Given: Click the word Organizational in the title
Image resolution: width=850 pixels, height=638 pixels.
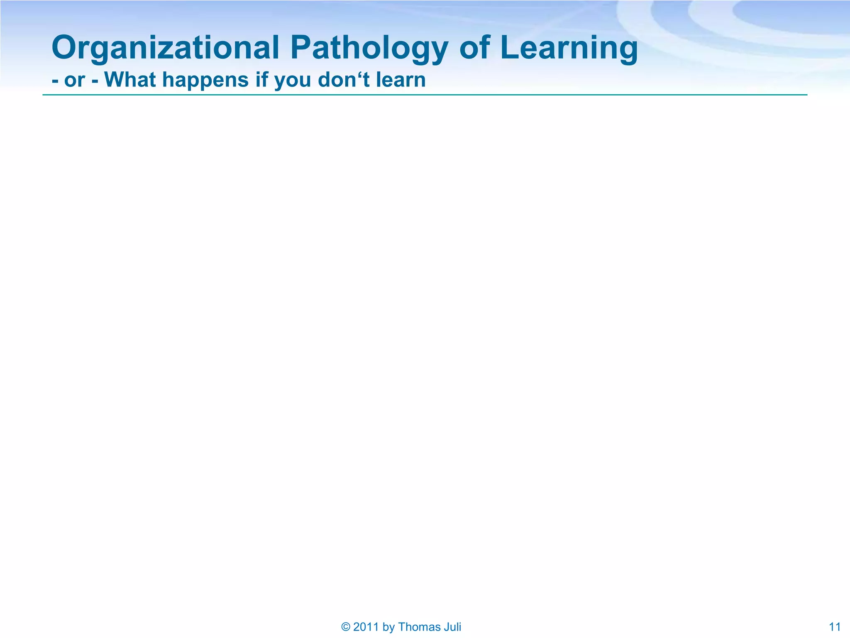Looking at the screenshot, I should pos(165,48).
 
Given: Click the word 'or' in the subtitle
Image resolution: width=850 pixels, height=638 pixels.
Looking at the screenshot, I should pos(75,80).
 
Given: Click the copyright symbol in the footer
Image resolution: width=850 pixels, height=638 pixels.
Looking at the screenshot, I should pos(345,627).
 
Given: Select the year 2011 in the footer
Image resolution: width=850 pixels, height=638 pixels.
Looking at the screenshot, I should pos(366,627).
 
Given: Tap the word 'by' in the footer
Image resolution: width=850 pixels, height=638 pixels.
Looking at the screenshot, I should pos(388,627).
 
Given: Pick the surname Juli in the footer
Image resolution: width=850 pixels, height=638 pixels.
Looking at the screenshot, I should pos(451,627).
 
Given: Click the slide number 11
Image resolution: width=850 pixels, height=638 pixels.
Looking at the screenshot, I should pos(835,627).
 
